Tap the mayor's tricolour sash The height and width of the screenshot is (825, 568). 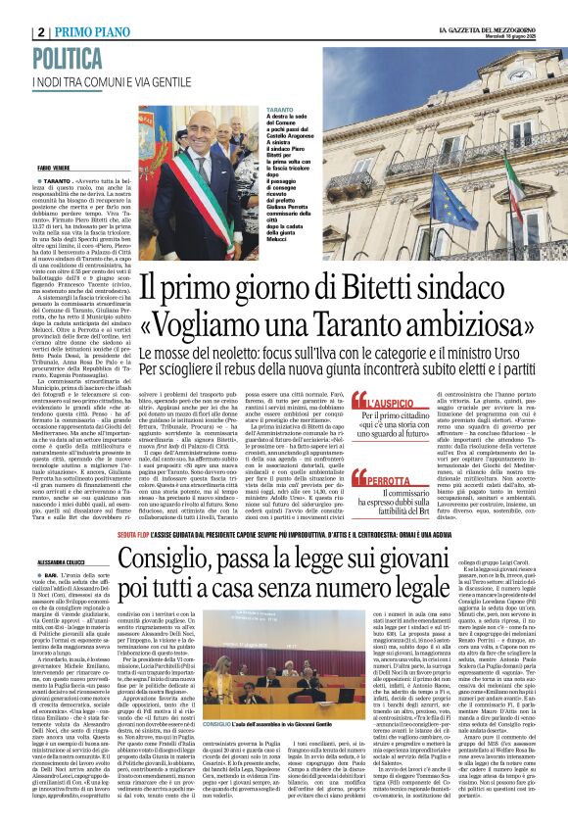(200, 197)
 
